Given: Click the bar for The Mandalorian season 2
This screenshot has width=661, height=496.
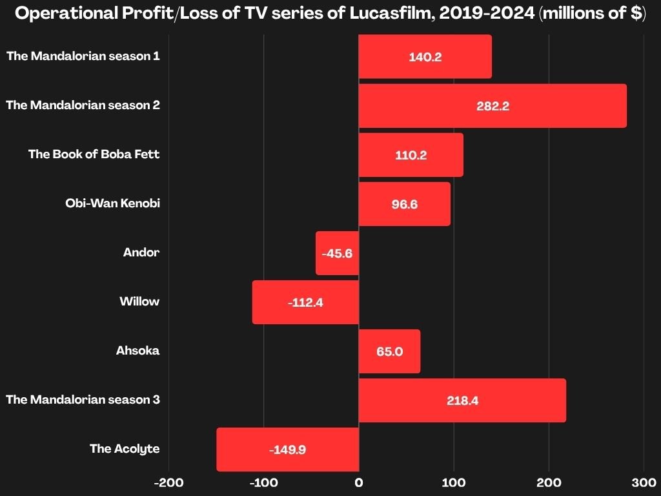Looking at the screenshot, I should click(x=493, y=106).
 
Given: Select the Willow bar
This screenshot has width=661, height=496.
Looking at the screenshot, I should click(x=305, y=302).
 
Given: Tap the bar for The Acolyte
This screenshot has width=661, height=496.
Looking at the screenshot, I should click(x=287, y=449).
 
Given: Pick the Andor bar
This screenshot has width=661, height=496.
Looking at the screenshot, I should click(x=337, y=253).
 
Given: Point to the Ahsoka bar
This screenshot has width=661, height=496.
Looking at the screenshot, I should click(x=389, y=351).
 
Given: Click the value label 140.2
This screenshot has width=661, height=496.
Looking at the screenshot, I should click(x=425, y=57).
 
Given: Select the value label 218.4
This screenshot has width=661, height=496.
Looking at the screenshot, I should click(x=462, y=400).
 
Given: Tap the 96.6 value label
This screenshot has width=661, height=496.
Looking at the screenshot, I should click(x=405, y=204).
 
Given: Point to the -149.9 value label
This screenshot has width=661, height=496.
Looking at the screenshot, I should click(x=287, y=449).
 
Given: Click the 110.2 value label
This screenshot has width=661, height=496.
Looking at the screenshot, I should click(x=411, y=155).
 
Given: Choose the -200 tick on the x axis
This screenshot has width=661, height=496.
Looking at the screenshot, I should click(x=168, y=482).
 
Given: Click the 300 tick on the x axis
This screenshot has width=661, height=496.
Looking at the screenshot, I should click(x=644, y=482).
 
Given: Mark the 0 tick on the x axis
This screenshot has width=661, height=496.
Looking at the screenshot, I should click(x=359, y=482).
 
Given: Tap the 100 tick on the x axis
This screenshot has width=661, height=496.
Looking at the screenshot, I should click(x=454, y=482).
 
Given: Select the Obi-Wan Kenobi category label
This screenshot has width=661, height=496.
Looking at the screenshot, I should click(x=112, y=203).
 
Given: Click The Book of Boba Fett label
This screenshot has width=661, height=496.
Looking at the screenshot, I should click(x=94, y=154).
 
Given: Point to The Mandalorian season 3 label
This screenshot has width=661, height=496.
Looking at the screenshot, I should click(x=83, y=400).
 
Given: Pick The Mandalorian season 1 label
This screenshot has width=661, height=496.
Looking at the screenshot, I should click(x=83, y=56).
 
